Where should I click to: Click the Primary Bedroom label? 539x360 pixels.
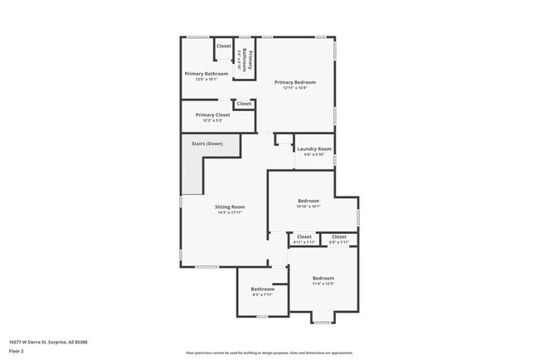click(295, 82)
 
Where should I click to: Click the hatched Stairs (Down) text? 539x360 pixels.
click(207, 144)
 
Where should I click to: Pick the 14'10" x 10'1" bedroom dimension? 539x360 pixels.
click(308, 207)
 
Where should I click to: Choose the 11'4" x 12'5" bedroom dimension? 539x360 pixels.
click(323, 284)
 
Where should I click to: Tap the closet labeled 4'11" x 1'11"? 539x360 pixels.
click(304, 242)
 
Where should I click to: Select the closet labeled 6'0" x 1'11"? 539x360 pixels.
click(338, 242)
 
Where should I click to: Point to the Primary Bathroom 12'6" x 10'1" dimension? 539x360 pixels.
click(206, 80)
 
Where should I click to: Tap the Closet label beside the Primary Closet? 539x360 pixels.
click(243, 104)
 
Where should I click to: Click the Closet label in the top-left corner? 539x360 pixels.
click(224, 46)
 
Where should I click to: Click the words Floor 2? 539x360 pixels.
click(17, 352)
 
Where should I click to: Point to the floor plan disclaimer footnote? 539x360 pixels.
click(269, 352)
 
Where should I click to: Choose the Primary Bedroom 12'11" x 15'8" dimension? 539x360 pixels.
click(295, 88)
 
